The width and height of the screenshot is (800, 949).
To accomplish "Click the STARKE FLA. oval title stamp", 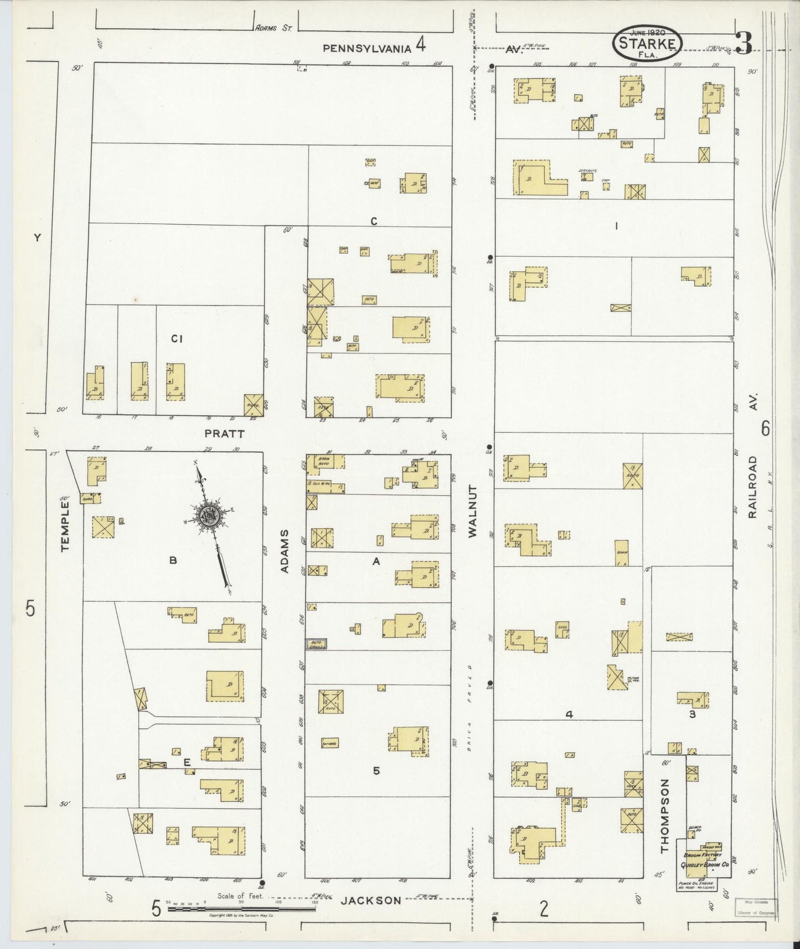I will point(647,42).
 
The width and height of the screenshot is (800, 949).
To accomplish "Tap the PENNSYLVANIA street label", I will point(367,48).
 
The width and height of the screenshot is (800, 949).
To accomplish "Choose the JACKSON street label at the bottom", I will point(370,900).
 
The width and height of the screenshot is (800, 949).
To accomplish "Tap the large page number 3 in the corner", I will point(744,43).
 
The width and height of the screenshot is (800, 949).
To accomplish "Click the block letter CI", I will point(177,339).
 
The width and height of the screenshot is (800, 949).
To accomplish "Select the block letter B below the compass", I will point(173,561).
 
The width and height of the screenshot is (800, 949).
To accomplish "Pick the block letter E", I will point(187,763).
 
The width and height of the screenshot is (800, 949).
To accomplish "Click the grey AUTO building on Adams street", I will point(316,643).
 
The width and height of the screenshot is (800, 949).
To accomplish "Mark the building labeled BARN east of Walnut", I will point(621,553).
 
